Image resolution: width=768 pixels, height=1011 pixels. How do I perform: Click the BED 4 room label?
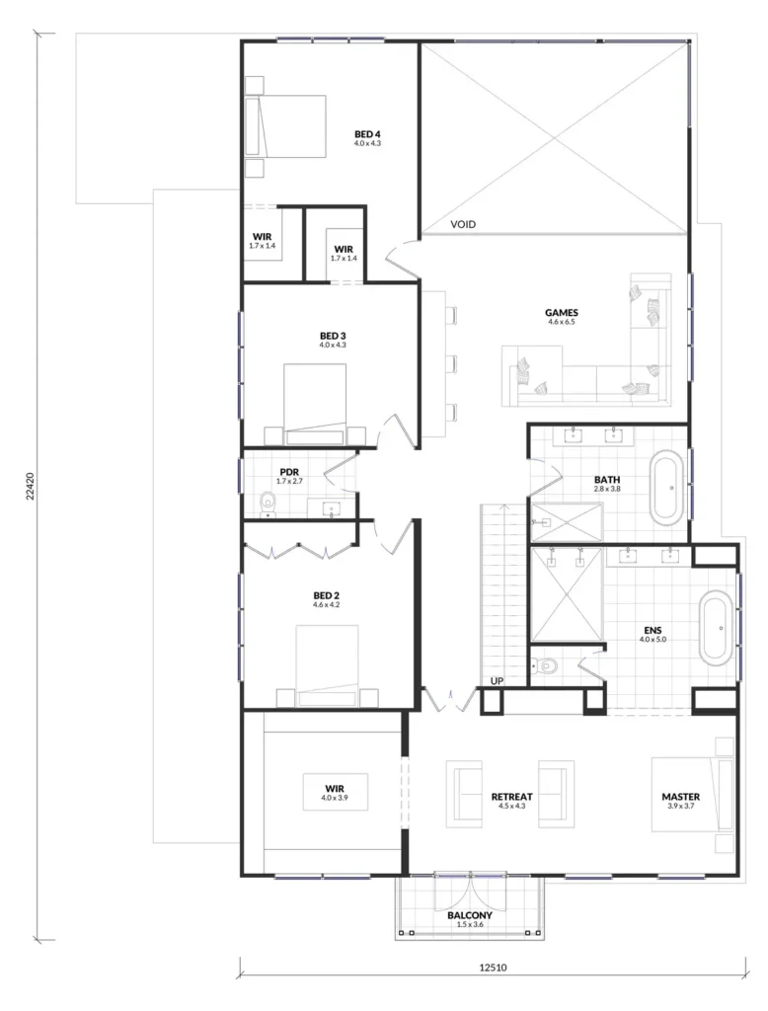pos(367,134)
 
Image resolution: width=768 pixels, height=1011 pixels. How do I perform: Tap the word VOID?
pos(463,224)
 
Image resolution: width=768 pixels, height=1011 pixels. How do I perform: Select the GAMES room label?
pos(561,313)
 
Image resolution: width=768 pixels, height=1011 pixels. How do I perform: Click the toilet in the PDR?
pos(268,505)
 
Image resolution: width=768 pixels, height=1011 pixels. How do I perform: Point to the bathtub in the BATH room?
pos(666,488)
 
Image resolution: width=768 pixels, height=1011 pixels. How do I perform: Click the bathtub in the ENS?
pos(717,628)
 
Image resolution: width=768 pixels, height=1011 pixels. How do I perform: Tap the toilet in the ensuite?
pos(544,664)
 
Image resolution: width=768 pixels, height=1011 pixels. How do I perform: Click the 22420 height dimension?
pos(30,487)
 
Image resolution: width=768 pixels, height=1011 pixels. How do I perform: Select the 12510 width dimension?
pos(493,968)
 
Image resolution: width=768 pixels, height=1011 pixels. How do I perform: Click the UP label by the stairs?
pos(497,681)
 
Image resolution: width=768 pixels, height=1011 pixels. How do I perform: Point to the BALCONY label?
pos(470,915)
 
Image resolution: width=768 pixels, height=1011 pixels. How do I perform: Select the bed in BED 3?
pos(315,404)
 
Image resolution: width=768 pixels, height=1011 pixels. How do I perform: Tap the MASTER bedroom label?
pos(680,797)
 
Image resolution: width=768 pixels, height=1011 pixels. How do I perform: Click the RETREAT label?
pos(512,797)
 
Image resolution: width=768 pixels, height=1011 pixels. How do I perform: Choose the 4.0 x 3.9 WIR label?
pos(334,798)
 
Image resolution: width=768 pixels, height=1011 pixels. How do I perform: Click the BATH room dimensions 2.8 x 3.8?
pos(607,489)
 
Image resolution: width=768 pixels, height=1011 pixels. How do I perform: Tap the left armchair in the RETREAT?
pos(464,793)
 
